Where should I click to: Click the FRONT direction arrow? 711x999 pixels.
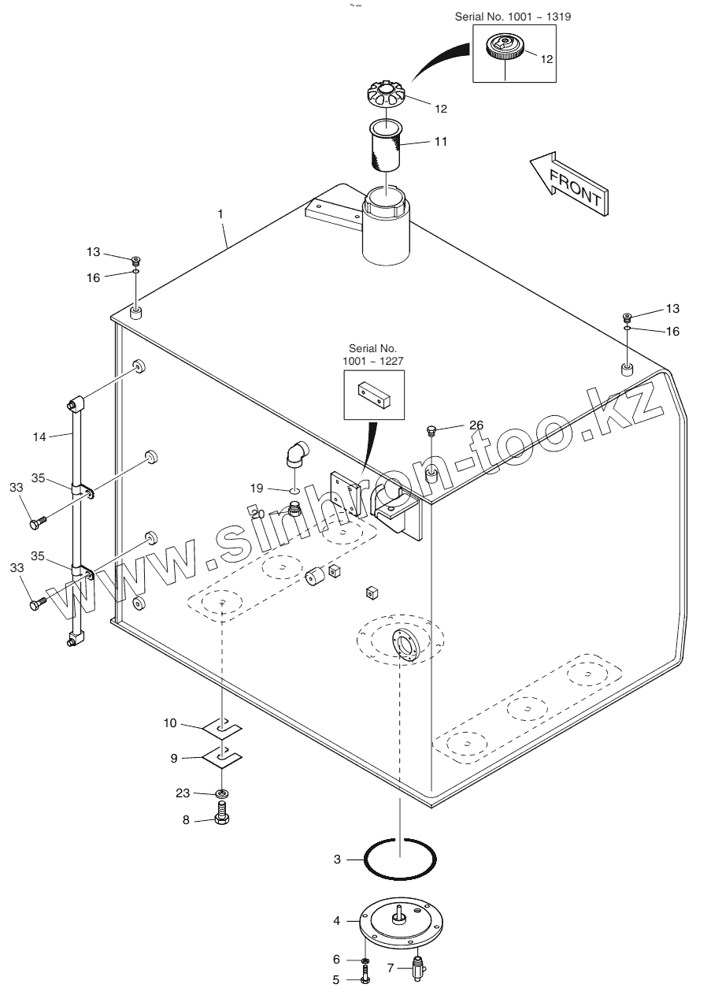568,182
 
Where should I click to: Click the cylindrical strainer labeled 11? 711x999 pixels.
387,144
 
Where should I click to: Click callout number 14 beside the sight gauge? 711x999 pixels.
40,436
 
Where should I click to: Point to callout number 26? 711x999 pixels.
476,425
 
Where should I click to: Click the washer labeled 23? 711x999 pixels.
223,792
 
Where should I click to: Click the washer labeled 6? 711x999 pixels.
366,961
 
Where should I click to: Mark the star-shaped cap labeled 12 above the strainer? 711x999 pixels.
386,97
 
